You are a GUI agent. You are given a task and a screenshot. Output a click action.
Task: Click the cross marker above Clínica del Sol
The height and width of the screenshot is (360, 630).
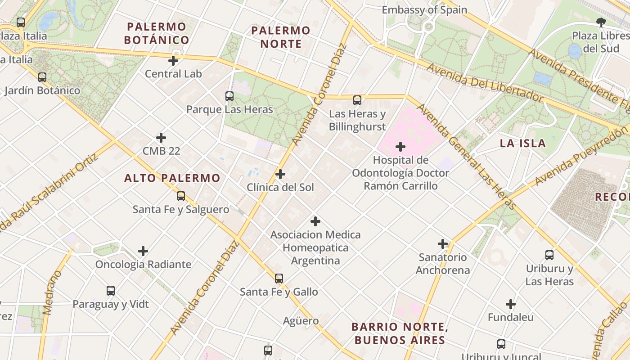pos(280,174)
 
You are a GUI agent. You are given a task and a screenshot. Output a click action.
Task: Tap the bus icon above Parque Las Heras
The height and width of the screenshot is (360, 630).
pos(229,96)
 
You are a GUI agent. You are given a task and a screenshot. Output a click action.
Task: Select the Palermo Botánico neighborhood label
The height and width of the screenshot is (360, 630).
pos(157,33)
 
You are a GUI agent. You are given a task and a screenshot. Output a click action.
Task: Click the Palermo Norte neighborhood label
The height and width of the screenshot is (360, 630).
pos(281,37)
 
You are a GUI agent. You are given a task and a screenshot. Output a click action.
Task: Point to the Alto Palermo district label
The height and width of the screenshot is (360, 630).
pos(172,178)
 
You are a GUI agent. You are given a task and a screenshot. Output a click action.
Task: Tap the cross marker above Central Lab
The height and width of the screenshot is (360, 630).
pos(173,61)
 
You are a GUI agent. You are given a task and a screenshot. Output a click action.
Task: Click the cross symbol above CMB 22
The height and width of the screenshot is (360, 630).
pos(161,138)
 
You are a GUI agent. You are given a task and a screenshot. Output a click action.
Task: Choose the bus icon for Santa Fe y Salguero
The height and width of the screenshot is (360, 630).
pos(181,196)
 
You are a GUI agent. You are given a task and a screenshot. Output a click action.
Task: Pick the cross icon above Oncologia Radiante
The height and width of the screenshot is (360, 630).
pos(143,251)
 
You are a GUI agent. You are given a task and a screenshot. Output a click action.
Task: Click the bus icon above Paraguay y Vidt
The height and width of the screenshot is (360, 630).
pos(111,291)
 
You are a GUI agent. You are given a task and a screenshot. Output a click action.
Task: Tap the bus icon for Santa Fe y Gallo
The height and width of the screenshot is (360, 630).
pos(279,279)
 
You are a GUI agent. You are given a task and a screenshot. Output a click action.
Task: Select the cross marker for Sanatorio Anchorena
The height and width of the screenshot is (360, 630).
pos(443,244)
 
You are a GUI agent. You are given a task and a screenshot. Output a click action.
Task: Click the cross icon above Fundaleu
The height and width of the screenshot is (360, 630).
pos(510,304)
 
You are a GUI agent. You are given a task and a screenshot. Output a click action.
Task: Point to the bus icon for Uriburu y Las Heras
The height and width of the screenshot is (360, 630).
pos(549,255)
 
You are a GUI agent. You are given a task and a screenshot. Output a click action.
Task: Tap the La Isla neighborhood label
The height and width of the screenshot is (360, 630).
pos(523,144)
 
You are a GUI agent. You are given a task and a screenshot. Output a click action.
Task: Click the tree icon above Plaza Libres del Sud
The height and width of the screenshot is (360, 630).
pos(601,22)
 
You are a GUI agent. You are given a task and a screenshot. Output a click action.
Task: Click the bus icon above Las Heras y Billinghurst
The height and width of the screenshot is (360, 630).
pos(357,100)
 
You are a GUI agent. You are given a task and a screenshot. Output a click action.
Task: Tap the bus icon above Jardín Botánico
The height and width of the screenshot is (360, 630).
pos(42,77)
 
